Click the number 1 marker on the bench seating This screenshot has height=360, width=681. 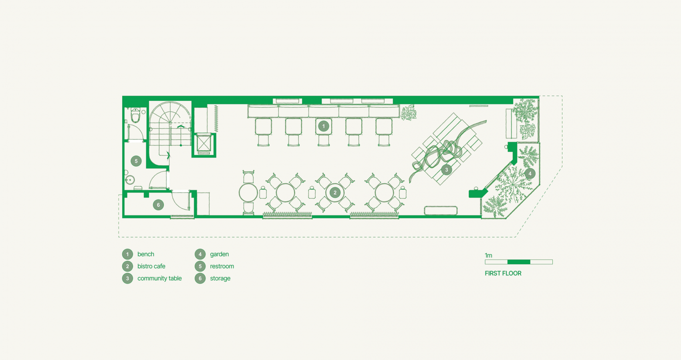tap(324, 126)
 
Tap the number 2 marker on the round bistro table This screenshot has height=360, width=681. tap(335, 193)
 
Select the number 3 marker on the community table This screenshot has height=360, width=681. tap(447, 170)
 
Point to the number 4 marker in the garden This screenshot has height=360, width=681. tap(530, 173)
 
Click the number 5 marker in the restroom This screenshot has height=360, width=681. tap(136, 161)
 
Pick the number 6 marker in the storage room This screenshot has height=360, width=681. tap(158, 205)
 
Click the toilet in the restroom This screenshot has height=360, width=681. tap(135, 115)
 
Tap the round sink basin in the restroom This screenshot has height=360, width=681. tap(130, 180)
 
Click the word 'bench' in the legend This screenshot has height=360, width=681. tap(146, 254)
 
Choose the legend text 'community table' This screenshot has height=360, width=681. tap(159, 278)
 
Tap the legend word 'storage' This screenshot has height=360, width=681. tap(220, 278)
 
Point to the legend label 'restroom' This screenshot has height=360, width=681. tap(222, 266)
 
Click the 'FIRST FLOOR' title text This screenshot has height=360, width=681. tap(503, 273)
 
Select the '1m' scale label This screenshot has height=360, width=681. tap(489, 255)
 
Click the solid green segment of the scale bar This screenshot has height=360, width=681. tap(519, 262)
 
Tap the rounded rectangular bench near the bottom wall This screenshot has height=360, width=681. tap(441, 211)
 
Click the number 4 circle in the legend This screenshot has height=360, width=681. tap(200, 254)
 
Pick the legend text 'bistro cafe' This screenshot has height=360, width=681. tap(151, 266)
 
